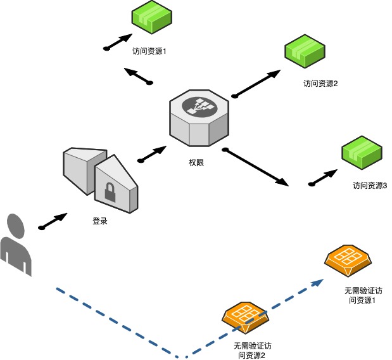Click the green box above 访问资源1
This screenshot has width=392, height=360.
[152, 18]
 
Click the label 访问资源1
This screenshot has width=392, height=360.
[149, 51]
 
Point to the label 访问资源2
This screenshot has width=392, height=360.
[320, 83]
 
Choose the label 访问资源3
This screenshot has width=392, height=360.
[370, 186]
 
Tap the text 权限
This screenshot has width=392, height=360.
[196, 163]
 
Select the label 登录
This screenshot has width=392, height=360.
[100, 222]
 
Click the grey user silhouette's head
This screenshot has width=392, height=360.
[16, 224]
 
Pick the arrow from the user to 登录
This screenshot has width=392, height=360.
[53, 221]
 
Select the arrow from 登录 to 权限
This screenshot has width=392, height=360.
[151, 153]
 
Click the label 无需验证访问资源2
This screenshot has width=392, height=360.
[252, 350]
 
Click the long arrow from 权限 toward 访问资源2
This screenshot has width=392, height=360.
[256, 84]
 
